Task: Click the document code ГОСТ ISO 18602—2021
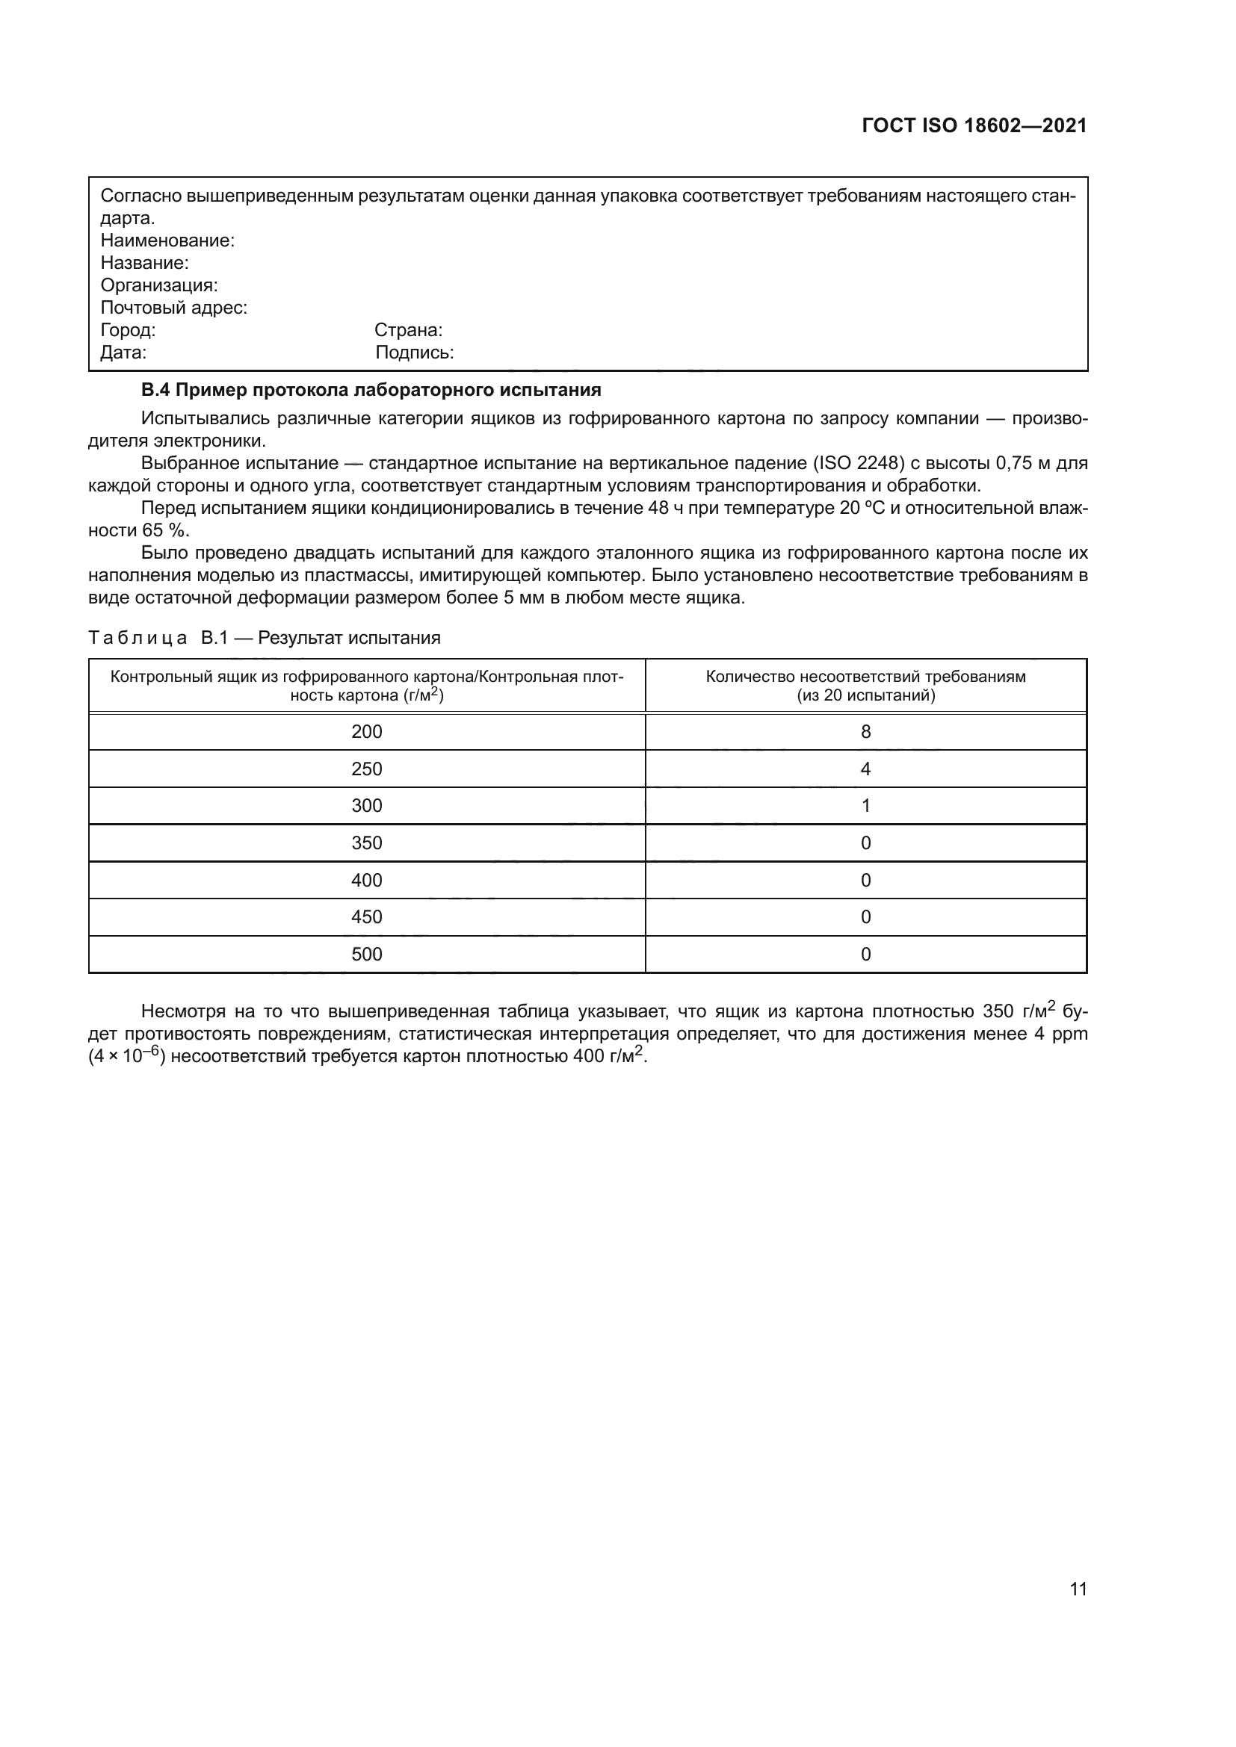(974, 125)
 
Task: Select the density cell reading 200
(367, 732)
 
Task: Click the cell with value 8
(865, 732)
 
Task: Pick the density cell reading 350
(367, 843)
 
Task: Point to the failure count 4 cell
(865, 769)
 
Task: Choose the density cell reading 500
(367, 954)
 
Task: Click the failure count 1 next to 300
(865, 806)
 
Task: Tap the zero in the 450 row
(865, 917)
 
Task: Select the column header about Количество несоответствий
(865, 686)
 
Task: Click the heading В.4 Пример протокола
(371, 391)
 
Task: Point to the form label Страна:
(408, 330)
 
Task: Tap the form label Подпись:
(414, 353)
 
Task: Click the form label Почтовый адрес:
(173, 308)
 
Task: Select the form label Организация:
(159, 285)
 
